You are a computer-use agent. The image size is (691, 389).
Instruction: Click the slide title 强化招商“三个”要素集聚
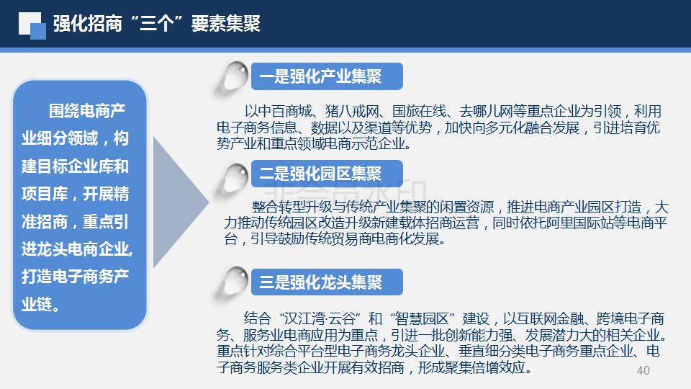[157, 23]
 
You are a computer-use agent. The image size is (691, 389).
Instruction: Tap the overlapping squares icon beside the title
[32, 26]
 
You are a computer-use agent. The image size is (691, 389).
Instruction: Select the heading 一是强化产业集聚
[320, 76]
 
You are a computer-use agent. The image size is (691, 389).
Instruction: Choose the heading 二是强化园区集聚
[320, 174]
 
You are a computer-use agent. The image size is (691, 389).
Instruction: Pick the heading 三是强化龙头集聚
[320, 282]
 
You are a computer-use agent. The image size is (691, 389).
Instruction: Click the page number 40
[643, 370]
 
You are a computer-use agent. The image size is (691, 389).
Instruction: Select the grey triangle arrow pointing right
[179, 202]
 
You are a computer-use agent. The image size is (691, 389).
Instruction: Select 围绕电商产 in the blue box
[87, 111]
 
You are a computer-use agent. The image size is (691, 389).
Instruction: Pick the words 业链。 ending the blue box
[40, 304]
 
